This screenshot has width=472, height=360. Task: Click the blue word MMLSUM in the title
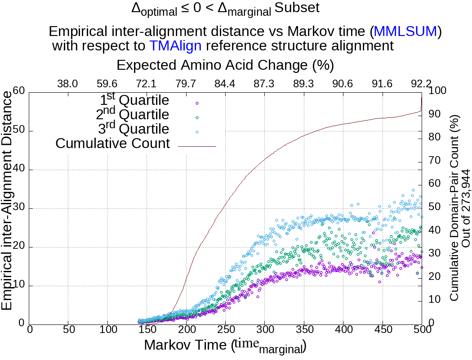[x=405, y=31]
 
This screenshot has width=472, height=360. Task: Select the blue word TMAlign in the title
[x=175, y=45]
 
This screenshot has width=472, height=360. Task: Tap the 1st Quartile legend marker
[x=196, y=103]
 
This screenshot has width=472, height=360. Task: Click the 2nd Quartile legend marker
[x=196, y=117]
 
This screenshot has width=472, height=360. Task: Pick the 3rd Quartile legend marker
[x=196, y=132]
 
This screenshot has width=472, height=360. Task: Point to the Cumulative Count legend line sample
[x=197, y=146]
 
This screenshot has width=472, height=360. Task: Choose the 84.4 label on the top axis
[x=225, y=84]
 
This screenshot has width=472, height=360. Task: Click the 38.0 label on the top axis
[x=68, y=84]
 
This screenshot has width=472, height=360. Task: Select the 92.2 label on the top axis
[x=421, y=84]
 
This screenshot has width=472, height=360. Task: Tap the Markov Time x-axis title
[x=225, y=346]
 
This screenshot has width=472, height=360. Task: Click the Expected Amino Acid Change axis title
[x=225, y=65]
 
